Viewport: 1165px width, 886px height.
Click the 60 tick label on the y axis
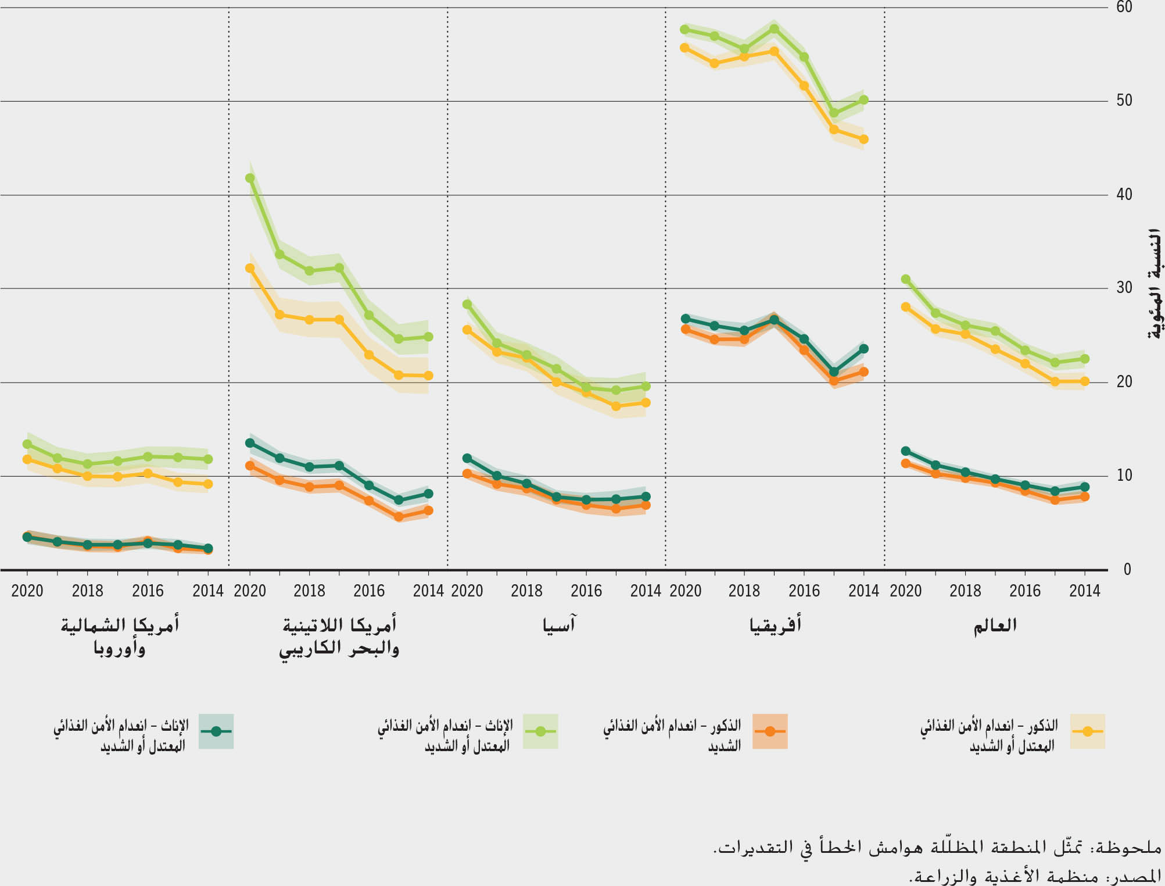(x=1124, y=8)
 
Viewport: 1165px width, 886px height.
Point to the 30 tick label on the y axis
(x=1124, y=288)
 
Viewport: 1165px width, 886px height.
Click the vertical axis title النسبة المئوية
(x=1154, y=284)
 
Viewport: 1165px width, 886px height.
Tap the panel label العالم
(x=995, y=626)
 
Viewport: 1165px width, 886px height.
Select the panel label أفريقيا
(x=775, y=626)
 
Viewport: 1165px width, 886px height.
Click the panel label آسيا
(x=558, y=626)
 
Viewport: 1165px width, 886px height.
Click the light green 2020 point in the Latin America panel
(x=250, y=178)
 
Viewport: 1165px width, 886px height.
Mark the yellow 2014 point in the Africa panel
(x=863, y=140)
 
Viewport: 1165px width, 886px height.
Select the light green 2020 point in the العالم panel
(x=905, y=279)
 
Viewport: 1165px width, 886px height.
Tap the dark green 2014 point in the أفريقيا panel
(x=863, y=349)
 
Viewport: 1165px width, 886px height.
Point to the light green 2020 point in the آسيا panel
(x=467, y=304)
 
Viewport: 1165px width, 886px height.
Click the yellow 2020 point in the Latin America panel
(x=250, y=268)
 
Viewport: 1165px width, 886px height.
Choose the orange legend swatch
(x=770, y=731)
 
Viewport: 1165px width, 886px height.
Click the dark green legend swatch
(x=216, y=731)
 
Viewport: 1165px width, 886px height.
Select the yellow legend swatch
(x=1087, y=731)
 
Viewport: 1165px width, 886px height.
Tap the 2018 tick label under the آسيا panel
(x=526, y=591)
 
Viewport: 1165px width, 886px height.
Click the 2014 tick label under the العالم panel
(x=1084, y=591)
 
